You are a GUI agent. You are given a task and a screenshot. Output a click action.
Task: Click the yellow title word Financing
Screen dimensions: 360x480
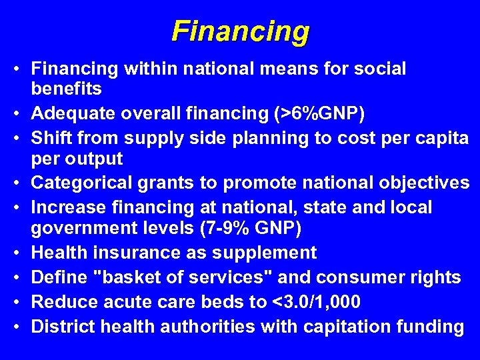(240, 31)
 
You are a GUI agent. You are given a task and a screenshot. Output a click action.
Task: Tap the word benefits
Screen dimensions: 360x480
(67, 89)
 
